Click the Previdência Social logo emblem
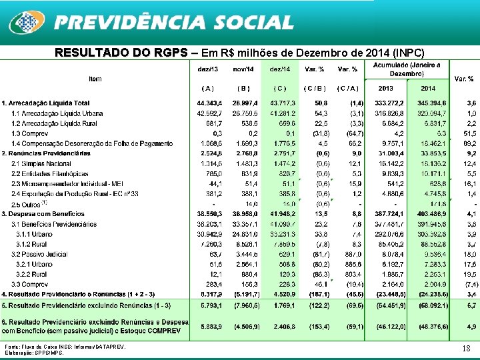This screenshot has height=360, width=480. pyautogui.click(x=27, y=22)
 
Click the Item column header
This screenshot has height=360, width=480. pyautogui.click(x=95, y=78)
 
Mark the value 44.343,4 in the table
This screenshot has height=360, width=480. pyautogui.click(x=210, y=103)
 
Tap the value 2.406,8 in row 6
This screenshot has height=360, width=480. pyautogui.click(x=283, y=327)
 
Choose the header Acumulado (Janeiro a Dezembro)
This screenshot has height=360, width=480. pyautogui.click(x=407, y=69)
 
